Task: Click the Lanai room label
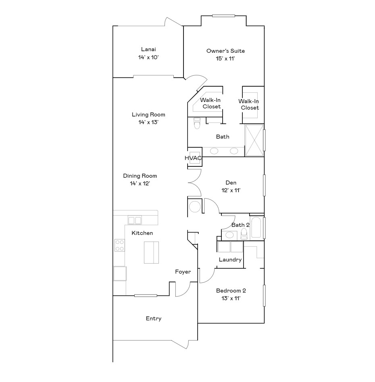(148, 49)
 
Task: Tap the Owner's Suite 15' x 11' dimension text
(225, 58)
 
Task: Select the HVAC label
(193, 158)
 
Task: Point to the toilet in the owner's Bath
(197, 123)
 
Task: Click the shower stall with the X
(254, 140)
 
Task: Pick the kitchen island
(152, 252)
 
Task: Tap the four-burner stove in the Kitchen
(119, 245)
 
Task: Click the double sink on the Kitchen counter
(135, 220)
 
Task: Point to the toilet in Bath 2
(244, 233)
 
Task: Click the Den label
(231, 183)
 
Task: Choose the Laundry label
(230, 260)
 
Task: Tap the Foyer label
(183, 272)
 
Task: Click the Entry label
(154, 319)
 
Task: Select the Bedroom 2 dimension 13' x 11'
(231, 298)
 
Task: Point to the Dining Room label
(140, 176)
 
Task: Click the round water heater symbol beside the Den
(195, 207)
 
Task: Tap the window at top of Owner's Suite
(223, 16)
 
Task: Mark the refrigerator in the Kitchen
(120, 274)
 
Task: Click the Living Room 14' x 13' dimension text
(148, 122)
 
